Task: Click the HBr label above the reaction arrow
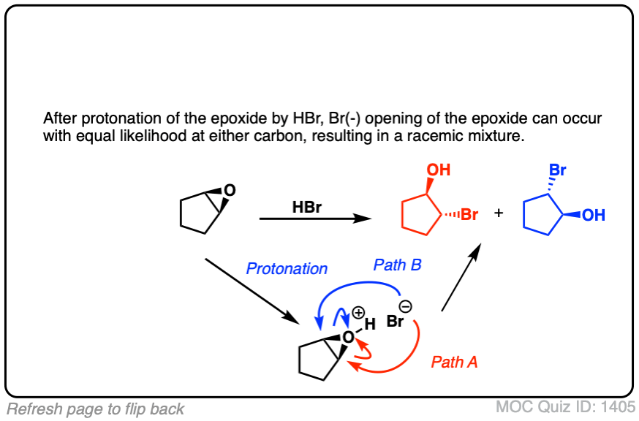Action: (x=307, y=207)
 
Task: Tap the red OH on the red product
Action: (x=439, y=171)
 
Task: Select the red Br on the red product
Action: (x=469, y=215)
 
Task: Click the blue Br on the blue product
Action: (x=558, y=171)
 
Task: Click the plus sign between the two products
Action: (x=499, y=213)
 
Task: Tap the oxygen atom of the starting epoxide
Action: (x=230, y=191)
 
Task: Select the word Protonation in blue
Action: (x=287, y=269)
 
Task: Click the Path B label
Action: (x=397, y=265)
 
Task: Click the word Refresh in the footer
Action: (x=32, y=409)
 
